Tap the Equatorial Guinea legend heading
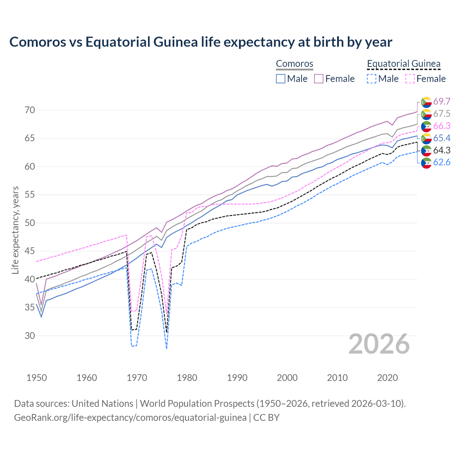tap(404, 64)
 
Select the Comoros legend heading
tap(295, 64)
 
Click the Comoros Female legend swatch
tap(319, 79)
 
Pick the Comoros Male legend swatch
tap(281, 79)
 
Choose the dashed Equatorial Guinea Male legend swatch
tap(372, 79)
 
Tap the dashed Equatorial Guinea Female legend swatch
tap(410, 79)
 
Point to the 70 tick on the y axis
tap(30, 110)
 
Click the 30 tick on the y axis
tap(30, 336)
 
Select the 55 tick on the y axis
tap(30, 195)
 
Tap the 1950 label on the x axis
tap(37, 378)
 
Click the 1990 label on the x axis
tap(237, 378)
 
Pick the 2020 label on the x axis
tap(387, 378)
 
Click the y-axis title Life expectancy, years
tap(15, 230)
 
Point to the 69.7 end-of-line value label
tap(442, 102)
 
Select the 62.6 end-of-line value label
tap(442, 162)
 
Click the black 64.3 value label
tap(442, 150)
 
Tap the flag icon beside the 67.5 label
tap(426, 114)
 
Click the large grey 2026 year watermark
tap(379, 344)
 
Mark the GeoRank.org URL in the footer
tap(130, 418)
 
